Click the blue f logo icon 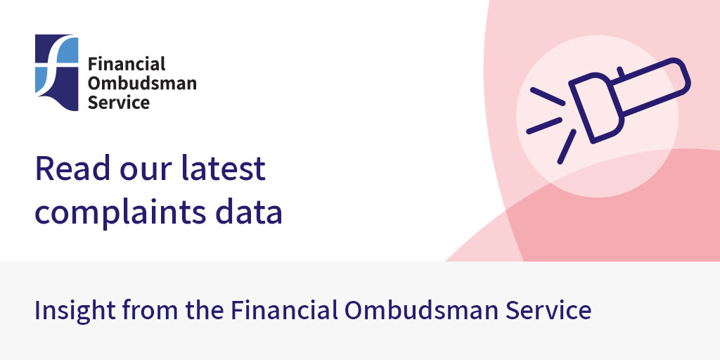[56, 72]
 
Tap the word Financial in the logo [127, 64]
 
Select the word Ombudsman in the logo [141, 83]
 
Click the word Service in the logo [119, 102]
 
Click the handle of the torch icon [653, 81]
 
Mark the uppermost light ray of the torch [548, 97]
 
